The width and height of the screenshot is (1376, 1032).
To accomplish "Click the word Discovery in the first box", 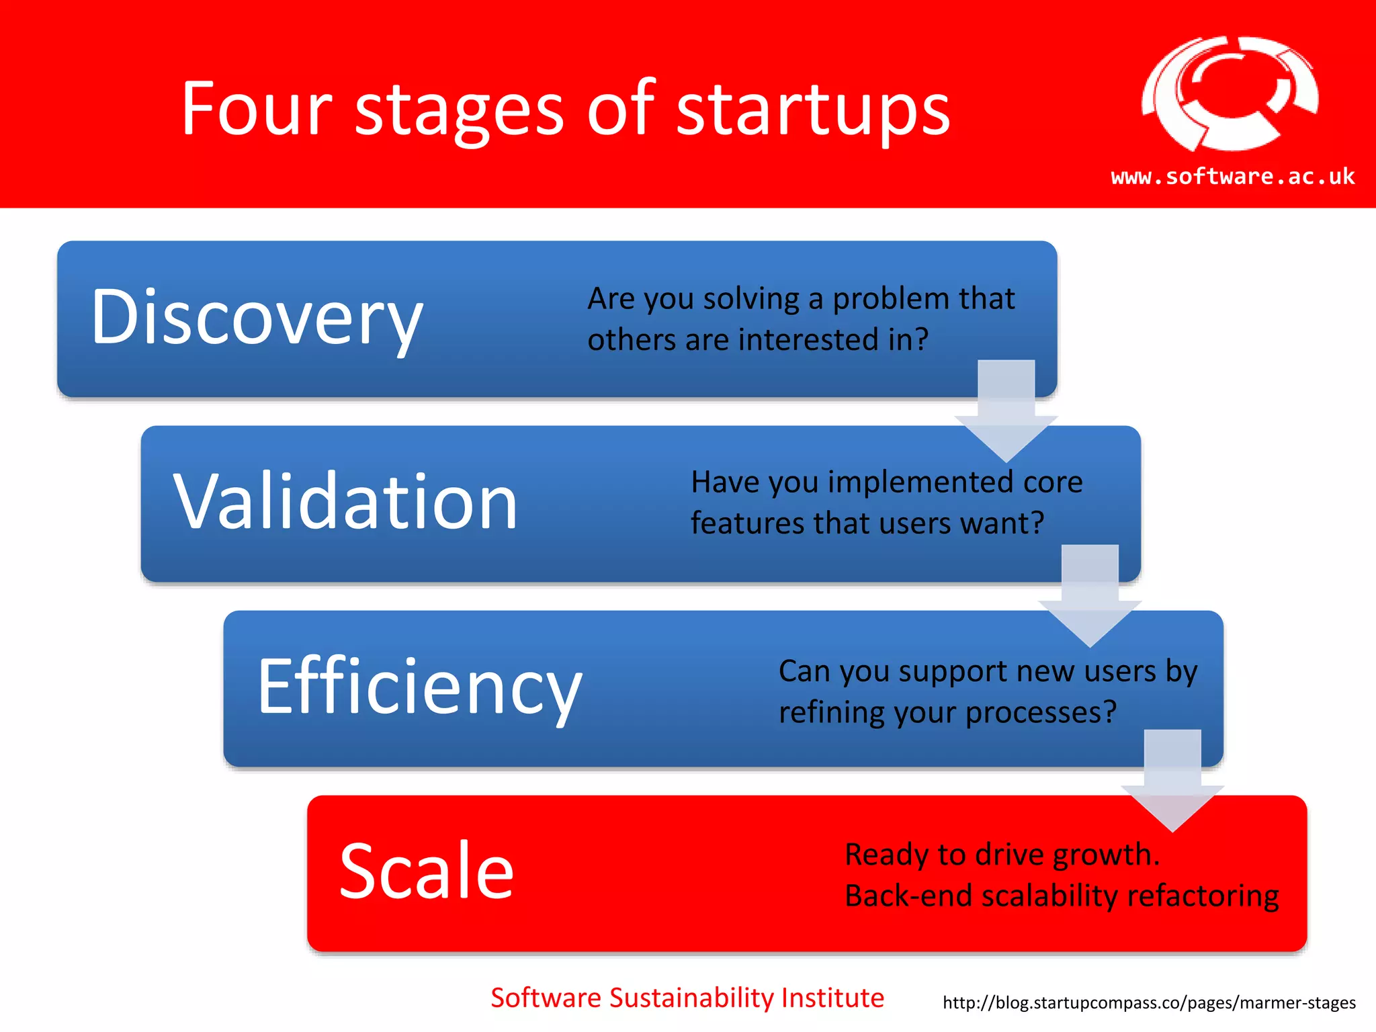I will (257, 318).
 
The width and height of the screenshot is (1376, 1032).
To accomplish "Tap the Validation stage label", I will (345, 502).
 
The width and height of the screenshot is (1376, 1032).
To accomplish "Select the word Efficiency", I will (419, 687).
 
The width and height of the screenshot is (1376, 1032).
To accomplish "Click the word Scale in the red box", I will (427, 871).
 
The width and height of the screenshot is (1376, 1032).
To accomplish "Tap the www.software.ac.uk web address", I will (1233, 177).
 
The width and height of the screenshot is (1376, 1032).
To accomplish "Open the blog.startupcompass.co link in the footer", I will (1149, 1003).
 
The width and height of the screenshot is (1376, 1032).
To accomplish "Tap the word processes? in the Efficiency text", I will (1041, 713).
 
